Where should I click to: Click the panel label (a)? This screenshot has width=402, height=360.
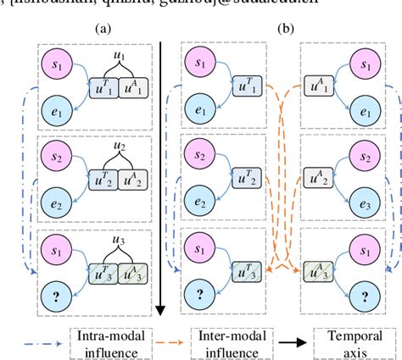coord(104,27)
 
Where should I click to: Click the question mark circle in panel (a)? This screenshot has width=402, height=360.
coord(55,294)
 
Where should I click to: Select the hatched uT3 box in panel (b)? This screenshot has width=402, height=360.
coord(247,270)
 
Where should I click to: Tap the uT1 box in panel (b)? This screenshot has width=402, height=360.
coord(247,87)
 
